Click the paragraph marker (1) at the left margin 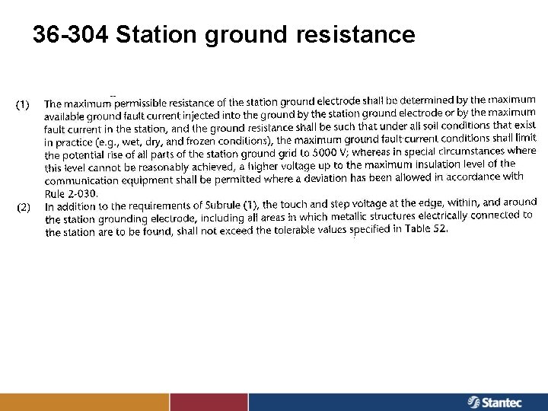(24, 104)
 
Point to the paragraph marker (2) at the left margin (24, 206)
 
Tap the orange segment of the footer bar (84, 402)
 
